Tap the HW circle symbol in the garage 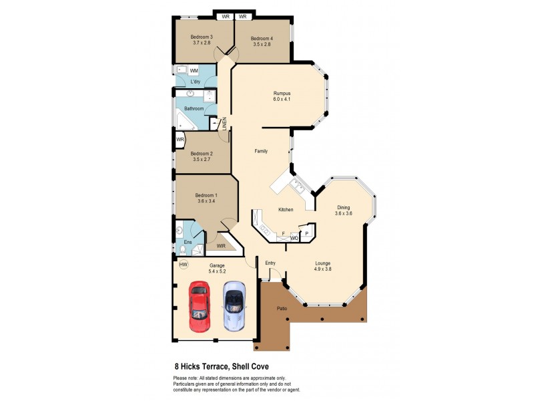point(183,265)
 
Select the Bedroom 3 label point(202,37)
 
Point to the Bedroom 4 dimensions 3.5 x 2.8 point(261,45)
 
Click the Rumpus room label point(281,93)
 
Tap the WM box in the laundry point(194,70)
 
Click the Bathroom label point(194,108)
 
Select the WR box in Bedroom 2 point(180,139)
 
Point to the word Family point(261,151)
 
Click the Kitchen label point(286,210)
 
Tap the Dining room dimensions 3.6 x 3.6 point(343,213)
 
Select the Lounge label point(323,263)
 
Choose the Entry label point(270,263)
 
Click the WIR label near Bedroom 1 point(221,246)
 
